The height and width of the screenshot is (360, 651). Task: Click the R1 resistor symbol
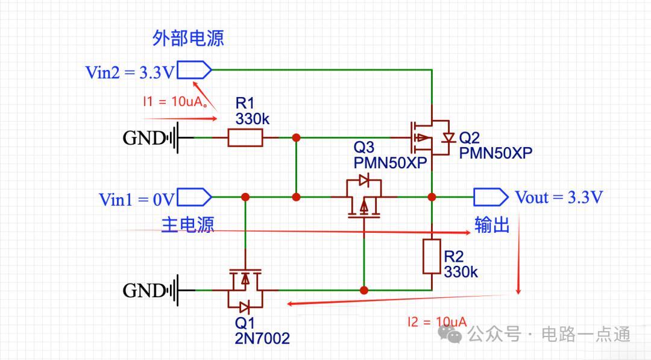tap(245, 137)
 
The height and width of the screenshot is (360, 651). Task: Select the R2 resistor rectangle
tap(432, 256)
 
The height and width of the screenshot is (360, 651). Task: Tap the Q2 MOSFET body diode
tap(448, 137)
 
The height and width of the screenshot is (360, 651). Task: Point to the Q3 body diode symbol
tap(364, 180)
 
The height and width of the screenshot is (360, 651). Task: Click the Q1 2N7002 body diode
tap(245, 308)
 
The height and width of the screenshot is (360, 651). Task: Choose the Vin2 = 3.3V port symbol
tap(194, 70)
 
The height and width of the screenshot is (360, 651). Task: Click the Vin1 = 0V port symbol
tap(194, 197)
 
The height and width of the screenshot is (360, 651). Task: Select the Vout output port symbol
tap(491, 197)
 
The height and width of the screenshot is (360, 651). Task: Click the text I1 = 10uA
tap(174, 101)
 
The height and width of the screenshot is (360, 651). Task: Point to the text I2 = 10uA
tap(437, 322)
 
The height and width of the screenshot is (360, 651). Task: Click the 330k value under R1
tap(253, 119)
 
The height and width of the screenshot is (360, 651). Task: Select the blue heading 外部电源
tap(188, 38)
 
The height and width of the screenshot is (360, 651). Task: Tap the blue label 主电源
tap(187, 225)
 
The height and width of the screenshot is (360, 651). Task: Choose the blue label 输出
tap(492, 225)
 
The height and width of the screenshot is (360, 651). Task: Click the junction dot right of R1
tap(296, 137)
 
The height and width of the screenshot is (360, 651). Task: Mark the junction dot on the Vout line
tap(432, 197)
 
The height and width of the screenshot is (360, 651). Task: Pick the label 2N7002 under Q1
tap(262, 338)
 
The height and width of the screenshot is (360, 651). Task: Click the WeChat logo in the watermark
tap(450, 334)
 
